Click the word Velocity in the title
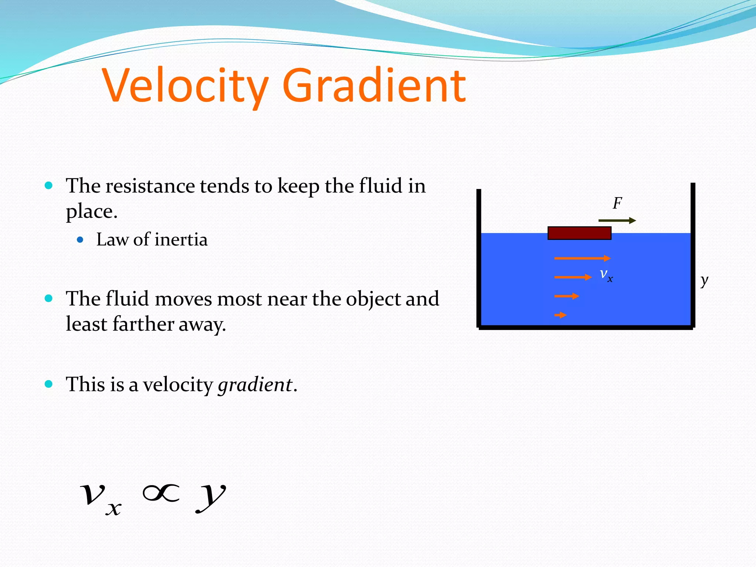[x=185, y=86]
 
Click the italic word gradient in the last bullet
[x=255, y=385]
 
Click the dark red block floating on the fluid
[x=579, y=233]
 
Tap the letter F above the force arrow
[x=617, y=203]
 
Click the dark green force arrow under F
[x=617, y=221]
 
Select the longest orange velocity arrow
[x=582, y=258]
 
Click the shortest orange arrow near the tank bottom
[x=560, y=315]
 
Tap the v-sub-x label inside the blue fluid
[x=606, y=275]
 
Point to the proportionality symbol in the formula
[x=161, y=494]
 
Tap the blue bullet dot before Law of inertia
[x=80, y=240]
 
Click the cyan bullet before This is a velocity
[x=49, y=384]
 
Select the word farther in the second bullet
[x=143, y=324]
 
